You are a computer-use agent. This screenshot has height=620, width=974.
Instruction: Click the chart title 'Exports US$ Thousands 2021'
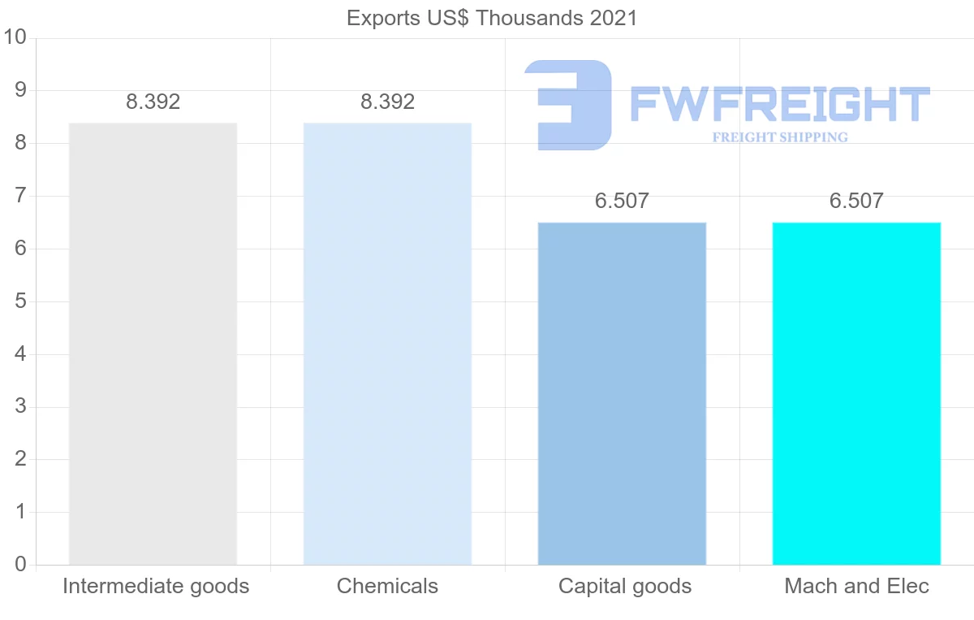(x=492, y=18)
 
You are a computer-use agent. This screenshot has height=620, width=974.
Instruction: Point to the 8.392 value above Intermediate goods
(x=153, y=102)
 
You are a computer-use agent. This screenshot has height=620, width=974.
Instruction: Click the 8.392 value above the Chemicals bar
(x=387, y=102)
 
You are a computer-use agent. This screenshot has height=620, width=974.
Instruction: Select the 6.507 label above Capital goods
(x=622, y=202)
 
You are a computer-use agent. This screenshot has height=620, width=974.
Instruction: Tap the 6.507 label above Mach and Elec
(x=856, y=202)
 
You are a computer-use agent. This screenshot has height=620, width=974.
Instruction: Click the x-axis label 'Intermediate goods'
(x=156, y=586)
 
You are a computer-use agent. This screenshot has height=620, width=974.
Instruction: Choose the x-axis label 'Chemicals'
(x=387, y=586)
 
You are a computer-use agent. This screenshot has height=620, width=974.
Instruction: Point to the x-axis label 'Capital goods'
(x=625, y=586)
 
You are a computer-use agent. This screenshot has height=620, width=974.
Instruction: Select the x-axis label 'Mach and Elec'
(x=856, y=586)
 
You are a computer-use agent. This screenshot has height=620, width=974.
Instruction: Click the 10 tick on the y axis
(x=15, y=38)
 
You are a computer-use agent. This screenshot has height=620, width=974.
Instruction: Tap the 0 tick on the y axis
(x=20, y=565)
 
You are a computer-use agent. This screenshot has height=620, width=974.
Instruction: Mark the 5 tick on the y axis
(x=20, y=301)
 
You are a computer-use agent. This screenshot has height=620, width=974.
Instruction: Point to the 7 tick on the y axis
(x=20, y=196)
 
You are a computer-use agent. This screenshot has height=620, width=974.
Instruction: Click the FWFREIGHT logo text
(x=779, y=105)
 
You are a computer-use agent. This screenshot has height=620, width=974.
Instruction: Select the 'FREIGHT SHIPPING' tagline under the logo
(x=780, y=137)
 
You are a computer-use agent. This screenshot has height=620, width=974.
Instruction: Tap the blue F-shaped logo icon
(x=568, y=105)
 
